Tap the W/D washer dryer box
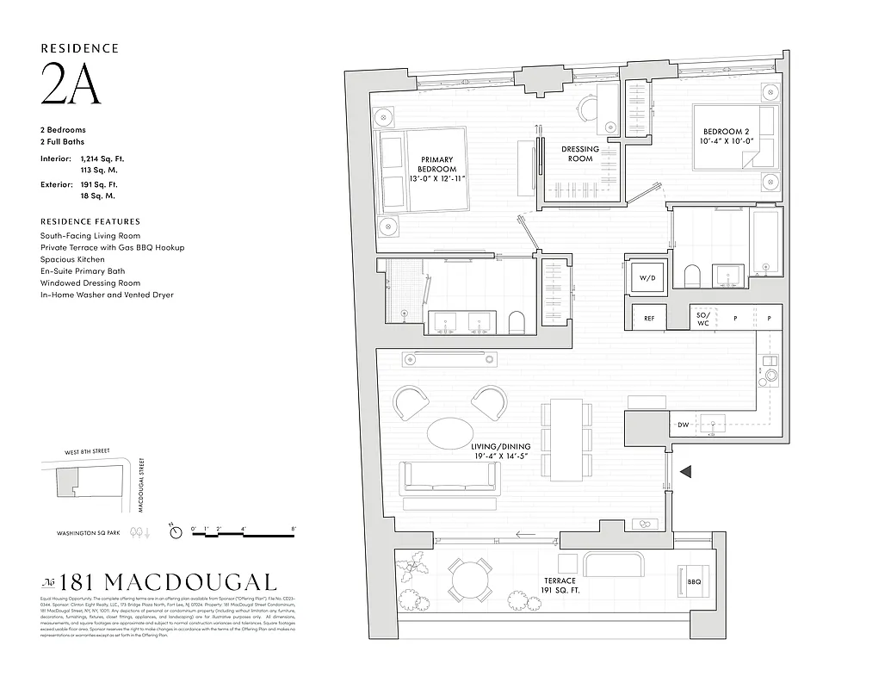[647, 277]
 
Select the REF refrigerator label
[649, 319]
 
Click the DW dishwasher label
[683, 425]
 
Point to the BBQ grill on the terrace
[694, 582]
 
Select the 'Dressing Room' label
[580, 154]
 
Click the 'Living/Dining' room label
[500, 451]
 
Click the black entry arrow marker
[686, 471]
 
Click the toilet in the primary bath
[517, 323]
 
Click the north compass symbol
[176, 532]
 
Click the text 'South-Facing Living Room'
[90, 236]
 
